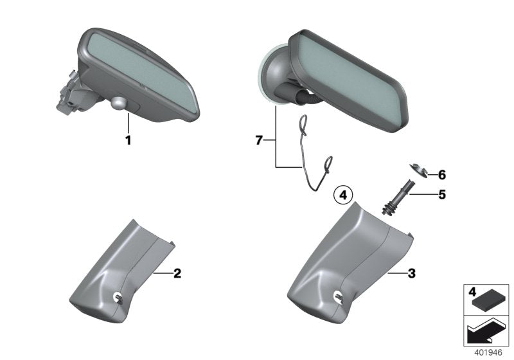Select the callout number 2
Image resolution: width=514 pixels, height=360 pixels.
pyautogui.click(x=177, y=273)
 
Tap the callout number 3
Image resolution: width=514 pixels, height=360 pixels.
pyautogui.click(x=411, y=273)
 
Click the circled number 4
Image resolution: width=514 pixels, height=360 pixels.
pyautogui.click(x=343, y=194)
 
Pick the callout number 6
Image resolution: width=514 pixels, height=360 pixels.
pyautogui.click(x=441, y=174)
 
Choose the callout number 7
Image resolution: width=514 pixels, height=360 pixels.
pyautogui.click(x=259, y=140)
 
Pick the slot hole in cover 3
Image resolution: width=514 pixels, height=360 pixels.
pyautogui.click(x=337, y=296)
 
